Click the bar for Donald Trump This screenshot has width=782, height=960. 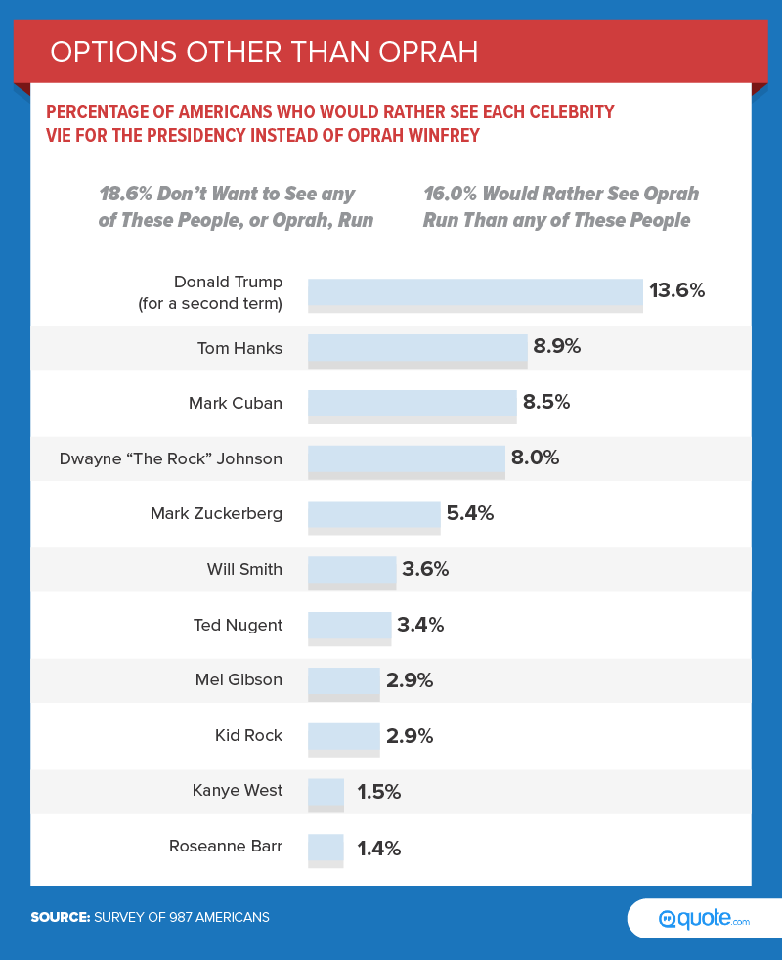click(475, 294)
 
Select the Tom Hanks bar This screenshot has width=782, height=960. click(417, 350)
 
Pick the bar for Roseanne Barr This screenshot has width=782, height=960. click(326, 850)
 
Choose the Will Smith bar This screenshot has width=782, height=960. click(351, 572)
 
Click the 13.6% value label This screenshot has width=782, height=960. click(676, 290)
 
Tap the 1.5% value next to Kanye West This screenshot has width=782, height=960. click(378, 792)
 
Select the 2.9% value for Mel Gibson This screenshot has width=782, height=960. click(410, 680)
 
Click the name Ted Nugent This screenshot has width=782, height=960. click(239, 625)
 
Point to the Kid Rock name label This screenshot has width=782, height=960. click(248, 735)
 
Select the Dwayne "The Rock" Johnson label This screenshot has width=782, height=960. click(171, 458)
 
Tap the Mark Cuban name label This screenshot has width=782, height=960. click(236, 402)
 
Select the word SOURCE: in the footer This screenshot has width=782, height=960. click(61, 917)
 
